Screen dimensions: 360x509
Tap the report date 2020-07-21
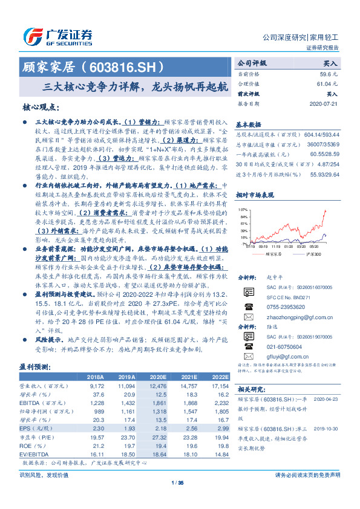pyautogui.click(x=324, y=103)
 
